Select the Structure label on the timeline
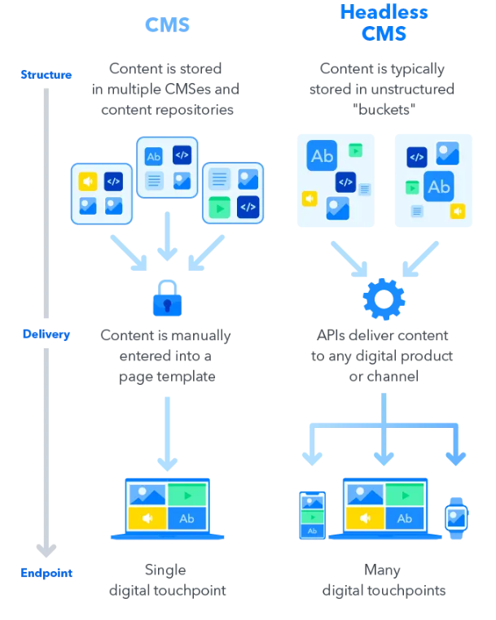tap(46, 75)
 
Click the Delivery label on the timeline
tap(46, 334)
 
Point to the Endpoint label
tap(46, 573)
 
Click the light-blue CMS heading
tap(167, 24)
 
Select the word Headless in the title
tap(384, 12)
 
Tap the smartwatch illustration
tap(456, 516)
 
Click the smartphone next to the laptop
tap(312, 515)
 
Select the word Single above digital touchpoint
tap(165, 570)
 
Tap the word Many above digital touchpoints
tap(383, 570)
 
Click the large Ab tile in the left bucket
tap(323, 155)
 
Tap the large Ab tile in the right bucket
tap(439, 186)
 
